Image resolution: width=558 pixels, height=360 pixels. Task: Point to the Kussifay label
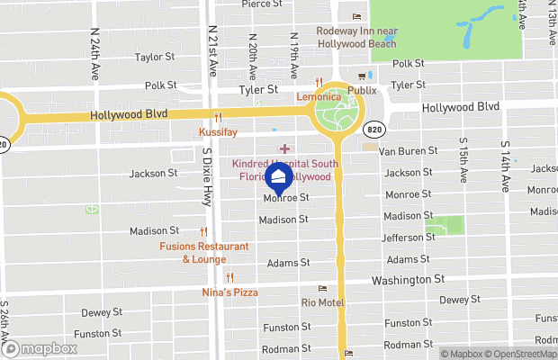coord(217,131)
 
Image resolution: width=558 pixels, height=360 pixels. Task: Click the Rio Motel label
coord(322,302)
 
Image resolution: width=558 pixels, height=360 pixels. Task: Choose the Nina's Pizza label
coord(229,292)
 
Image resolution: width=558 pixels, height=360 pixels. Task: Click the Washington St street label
coord(408,280)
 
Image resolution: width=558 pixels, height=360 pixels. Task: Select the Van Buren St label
coord(408,151)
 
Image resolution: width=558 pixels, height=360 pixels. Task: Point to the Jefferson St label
coord(409,238)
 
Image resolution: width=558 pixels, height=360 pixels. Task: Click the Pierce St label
coord(263,4)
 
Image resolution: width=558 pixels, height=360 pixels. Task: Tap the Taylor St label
coord(154,57)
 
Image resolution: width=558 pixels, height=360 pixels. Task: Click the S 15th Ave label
coord(462,160)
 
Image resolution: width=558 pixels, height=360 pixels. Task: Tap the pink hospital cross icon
coord(285,148)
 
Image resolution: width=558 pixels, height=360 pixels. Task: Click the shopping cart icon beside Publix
coord(363,76)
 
